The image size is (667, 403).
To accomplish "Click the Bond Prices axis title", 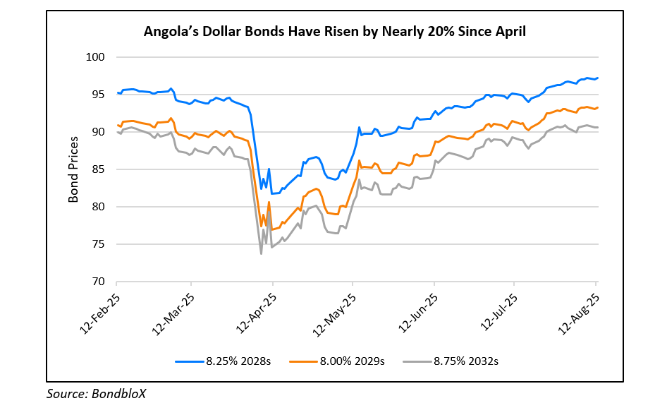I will pyautogui.click(x=73, y=169).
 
